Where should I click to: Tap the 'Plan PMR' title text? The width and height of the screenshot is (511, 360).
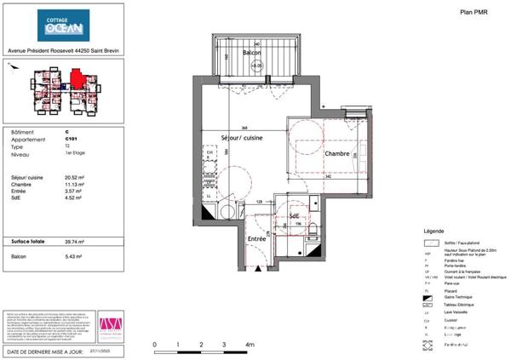coord(474,12)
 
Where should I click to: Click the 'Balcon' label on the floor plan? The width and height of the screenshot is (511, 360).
coord(251,53)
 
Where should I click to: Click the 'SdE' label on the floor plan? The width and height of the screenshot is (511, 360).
coord(296,216)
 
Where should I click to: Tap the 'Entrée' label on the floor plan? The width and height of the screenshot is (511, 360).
coord(256,239)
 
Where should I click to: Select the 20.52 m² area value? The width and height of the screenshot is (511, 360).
coord(75,177)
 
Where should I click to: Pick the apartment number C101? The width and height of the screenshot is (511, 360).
coord(70,140)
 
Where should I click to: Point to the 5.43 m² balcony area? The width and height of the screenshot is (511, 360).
coord(73,256)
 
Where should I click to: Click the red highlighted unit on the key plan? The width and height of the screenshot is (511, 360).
coord(77,79)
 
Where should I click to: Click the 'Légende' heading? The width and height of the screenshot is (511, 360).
coord(433,231)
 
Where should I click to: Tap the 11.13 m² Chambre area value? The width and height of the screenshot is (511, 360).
coord(74,184)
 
